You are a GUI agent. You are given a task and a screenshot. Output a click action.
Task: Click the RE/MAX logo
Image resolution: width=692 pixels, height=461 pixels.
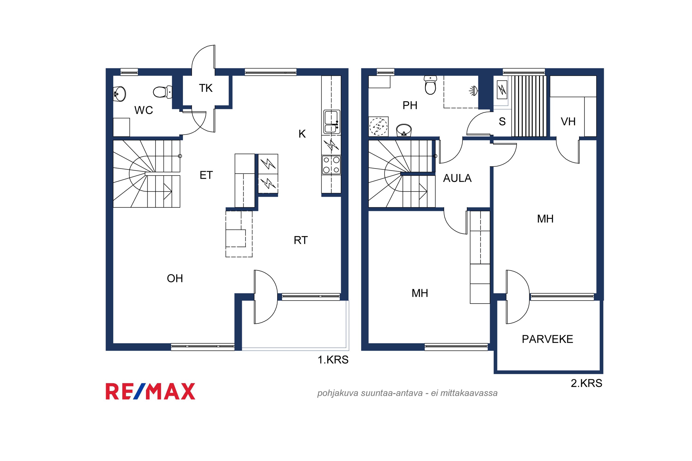pos(150,391)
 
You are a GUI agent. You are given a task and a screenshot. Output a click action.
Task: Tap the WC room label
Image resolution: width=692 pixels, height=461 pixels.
pos(143,110)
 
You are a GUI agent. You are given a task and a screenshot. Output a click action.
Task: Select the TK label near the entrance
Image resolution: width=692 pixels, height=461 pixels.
pos(206,88)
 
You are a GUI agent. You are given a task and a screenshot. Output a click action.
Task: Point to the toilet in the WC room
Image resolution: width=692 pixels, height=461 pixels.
pos(162,92)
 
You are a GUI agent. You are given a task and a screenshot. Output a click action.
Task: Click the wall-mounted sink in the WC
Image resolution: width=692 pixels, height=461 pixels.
pos(120,94)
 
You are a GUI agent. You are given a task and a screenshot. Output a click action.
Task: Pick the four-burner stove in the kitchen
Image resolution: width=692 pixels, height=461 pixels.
pos(331,165)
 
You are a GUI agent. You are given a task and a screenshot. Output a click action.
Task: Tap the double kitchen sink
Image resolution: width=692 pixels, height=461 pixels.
pos(332,121)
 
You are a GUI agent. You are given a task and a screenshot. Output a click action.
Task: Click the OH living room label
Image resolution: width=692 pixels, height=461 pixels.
pos(175,278)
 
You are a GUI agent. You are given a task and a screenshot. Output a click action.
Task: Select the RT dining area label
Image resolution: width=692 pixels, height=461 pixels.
pos(300,240)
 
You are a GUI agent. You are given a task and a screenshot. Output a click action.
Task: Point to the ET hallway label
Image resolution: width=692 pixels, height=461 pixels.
pos(206,175)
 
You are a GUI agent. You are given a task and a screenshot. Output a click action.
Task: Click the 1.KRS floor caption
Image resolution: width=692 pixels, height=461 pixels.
pos(333,360)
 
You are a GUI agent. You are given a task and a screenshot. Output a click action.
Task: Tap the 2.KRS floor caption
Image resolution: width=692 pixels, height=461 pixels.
pos(586,383)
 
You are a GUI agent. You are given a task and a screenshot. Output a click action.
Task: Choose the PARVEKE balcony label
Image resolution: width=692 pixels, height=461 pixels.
pos(547,339)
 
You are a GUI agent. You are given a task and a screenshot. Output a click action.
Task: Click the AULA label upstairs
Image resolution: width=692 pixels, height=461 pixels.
pos(457,178)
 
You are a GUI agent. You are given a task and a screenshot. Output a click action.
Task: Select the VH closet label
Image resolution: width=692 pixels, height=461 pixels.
pos(568,121)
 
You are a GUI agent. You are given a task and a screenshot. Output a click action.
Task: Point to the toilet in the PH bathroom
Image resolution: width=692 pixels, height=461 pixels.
pos(430,85)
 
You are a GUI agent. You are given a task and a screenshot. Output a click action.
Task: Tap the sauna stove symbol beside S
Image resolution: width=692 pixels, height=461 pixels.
pos(502,89)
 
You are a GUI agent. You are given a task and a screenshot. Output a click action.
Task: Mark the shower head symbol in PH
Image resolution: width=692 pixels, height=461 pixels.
pos(473,91)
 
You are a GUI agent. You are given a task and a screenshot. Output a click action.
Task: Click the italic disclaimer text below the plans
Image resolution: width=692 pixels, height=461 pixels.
pos(407,393)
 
